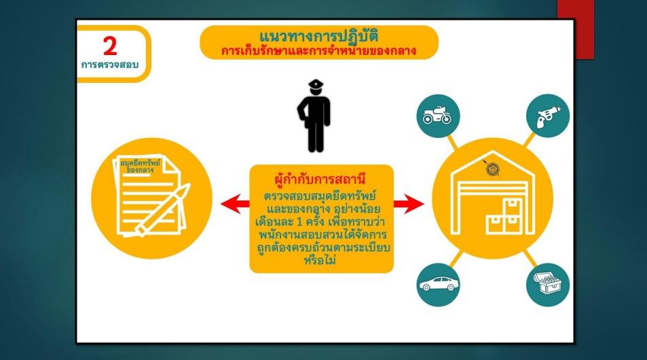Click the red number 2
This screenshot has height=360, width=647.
point(110,46)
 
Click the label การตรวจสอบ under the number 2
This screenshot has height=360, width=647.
point(110,65)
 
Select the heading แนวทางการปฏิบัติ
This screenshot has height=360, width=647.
point(318,36)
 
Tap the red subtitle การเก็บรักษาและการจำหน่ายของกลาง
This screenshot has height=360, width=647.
point(318,51)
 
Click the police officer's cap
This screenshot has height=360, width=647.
point(316,84)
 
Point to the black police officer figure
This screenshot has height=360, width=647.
point(314,115)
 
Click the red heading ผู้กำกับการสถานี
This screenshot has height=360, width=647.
point(320,179)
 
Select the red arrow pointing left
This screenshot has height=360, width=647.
point(235,204)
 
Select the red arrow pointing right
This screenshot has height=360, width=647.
point(409,204)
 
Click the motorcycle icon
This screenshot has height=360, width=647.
point(437,115)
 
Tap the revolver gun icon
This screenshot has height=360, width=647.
point(548,116)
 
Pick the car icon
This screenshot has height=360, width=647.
point(439,285)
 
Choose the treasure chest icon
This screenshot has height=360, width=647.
point(548,284)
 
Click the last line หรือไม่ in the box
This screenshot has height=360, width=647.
point(320,261)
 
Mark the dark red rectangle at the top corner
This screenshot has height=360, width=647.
point(576,29)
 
